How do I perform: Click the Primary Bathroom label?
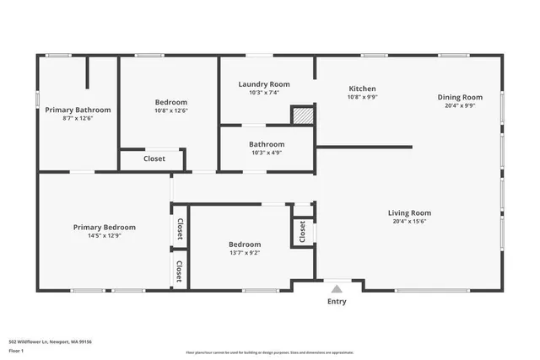78,110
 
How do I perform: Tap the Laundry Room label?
264,84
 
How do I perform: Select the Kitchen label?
363,89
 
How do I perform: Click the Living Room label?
410,212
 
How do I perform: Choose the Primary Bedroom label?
104,227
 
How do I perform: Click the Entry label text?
337,301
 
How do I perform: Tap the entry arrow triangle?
337,287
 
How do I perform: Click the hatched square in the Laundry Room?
302,116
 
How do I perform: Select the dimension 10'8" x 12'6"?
171,110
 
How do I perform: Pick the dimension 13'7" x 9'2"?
245,253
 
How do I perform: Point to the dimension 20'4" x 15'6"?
410,222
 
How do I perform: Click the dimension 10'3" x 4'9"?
266,153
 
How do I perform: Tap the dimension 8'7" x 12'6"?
78,119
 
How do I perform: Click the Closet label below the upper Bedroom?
154,159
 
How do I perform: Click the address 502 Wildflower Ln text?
50,341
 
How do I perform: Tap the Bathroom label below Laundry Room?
266,144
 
